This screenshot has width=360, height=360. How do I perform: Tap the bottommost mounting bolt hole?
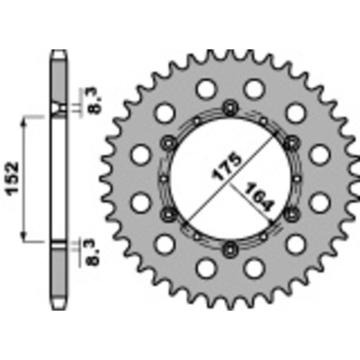pos(229,245)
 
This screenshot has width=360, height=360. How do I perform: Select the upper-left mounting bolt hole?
pos(168,142)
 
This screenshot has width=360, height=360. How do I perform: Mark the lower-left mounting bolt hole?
pos(168,212)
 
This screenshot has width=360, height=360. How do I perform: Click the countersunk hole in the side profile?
pos(58,109)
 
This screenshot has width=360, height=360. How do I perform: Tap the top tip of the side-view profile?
pos(58,53)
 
